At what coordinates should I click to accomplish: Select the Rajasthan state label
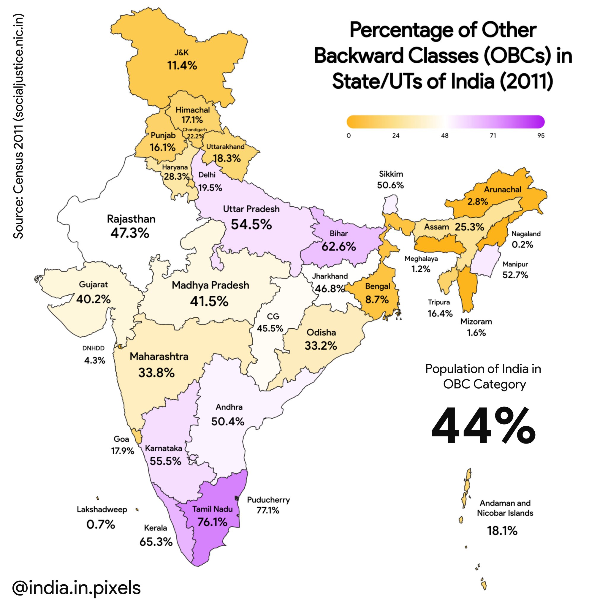(x=131, y=219)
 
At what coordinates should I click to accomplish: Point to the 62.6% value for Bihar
(x=338, y=246)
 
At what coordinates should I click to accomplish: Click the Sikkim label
(x=391, y=174)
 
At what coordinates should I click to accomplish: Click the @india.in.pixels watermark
(x=77, y=587)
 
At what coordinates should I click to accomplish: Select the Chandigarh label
(x=194, y=130)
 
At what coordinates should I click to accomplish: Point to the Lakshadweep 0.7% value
(x=101, y=524)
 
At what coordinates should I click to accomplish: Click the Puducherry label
(x=268, y=500)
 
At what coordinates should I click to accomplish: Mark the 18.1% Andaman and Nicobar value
(x=502, y=531)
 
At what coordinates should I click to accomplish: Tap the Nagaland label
(x=525, y=234)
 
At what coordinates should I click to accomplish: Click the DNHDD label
(x=94, y=348)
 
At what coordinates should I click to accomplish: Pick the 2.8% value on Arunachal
(x=477, y=201)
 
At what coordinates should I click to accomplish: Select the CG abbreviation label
(x=273, y=316)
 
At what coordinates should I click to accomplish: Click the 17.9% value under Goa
(x=122, y=451)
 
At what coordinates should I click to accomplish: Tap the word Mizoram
(x=476, y=322)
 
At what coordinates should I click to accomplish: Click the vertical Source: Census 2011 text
(x=18, y=126)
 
